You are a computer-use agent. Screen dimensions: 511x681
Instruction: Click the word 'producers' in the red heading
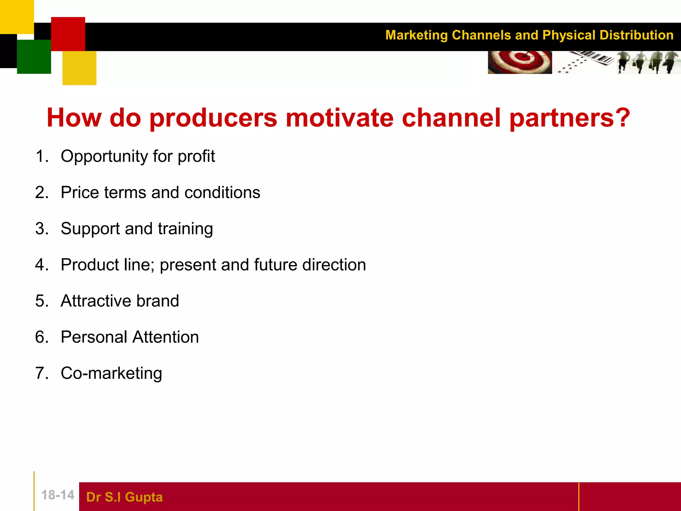[213, 118]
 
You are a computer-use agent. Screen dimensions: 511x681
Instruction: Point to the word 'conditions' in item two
[222, 193]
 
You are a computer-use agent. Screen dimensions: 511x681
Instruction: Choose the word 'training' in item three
[185, 229]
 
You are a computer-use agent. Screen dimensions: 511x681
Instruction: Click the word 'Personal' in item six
[94, 337]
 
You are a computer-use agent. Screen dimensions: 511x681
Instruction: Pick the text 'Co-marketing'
[111, 373]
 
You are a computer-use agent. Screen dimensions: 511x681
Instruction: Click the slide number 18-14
[58, 495]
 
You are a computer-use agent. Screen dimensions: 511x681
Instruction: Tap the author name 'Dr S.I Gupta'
[124, 497]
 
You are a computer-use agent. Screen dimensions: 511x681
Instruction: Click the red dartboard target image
[519, 62]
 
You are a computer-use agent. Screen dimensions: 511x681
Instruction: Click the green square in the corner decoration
[34, 57]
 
